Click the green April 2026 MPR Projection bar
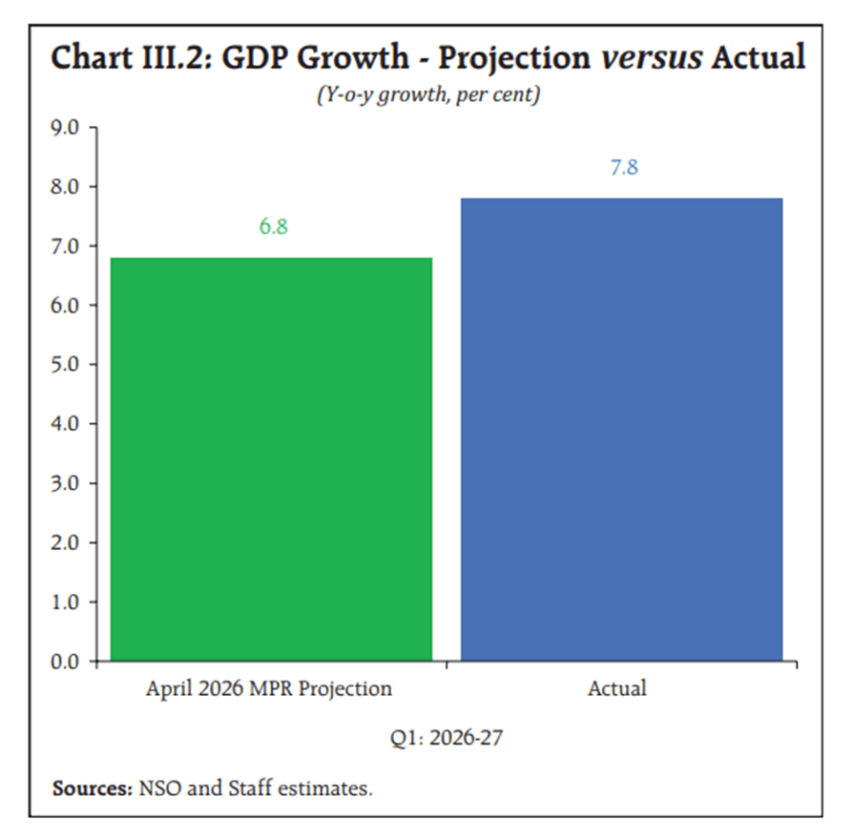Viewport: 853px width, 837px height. coord(272,459)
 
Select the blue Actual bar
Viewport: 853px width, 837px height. coord(622,429)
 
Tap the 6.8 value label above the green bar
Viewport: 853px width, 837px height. coord(273,226)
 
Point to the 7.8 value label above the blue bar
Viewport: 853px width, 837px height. coord(624,167)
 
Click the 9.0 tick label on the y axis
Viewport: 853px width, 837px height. coord(65,127)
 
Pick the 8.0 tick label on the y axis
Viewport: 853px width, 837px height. coord(65,187)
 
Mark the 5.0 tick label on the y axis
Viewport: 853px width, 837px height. coord(65,364)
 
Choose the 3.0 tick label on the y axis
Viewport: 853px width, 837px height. coord(65,483)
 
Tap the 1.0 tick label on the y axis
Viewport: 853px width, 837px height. coord(65,602)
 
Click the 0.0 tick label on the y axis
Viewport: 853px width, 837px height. coord(65,662)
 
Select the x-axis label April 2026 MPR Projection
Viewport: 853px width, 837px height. coord(269,689)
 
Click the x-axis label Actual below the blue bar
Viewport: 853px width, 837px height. coord(617,688)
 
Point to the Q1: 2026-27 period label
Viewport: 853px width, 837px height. coord(447,738)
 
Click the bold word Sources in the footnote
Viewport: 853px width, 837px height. coord(93,788)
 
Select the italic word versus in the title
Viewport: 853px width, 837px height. coord(652,57)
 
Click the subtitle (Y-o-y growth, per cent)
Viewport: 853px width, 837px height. coord(428,95)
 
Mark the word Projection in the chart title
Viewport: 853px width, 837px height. coord(514,58)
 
